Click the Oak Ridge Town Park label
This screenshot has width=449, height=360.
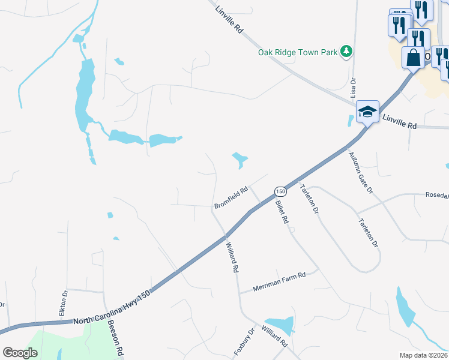click(x=298, y=52)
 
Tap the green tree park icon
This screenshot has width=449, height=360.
click(x=346, y=52)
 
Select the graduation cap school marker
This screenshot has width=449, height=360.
click(x=367, y=112)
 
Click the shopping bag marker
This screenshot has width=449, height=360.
click(x=414, y=58)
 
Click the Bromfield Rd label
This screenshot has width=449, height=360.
click(x=232, y=199)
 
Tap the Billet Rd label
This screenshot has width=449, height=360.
click(x=282, y=212)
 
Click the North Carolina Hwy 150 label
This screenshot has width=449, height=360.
click(x=112, y=307)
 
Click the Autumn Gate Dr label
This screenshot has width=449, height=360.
click(x=361, y=172)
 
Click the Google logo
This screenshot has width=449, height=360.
click(x=20, y=353)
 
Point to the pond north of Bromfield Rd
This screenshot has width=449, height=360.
click(x=240, y=159)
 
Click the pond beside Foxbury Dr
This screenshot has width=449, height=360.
click(x=280, y=325)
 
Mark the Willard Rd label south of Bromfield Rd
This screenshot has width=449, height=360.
click(x=232, y=257)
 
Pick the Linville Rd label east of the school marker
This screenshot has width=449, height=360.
click(x=399, y=125)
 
